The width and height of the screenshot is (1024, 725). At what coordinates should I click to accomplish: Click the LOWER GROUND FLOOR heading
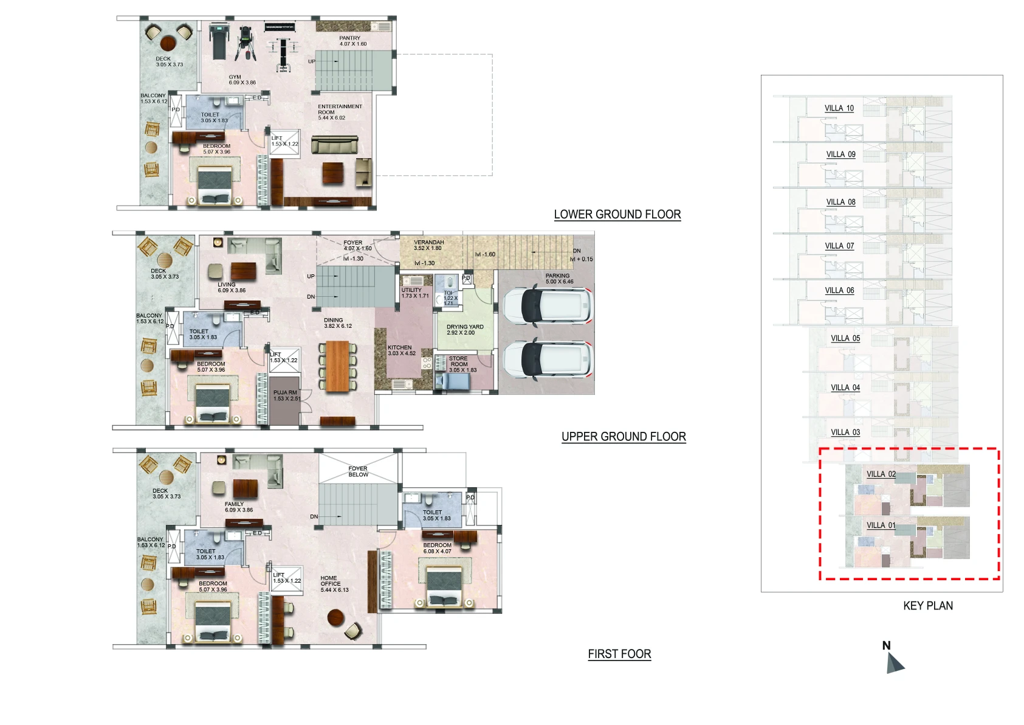[x=617, y=214]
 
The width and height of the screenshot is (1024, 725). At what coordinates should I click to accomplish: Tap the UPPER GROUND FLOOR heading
[x=624, y=437]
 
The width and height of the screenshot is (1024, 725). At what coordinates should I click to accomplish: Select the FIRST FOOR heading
[x=619, y=654]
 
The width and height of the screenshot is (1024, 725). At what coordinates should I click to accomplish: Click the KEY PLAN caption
[x=927, y=606]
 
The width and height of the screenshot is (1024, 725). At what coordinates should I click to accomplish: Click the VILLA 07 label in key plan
[x=839, y=246]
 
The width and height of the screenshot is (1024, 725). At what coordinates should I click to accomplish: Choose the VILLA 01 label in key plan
[x=881, y=525]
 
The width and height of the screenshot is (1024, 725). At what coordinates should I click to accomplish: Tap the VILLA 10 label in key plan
[x=839, y=108]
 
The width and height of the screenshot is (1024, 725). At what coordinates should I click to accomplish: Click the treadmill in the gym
[x=219, y=40]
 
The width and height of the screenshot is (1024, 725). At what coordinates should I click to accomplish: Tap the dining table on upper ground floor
[x=337, y=366]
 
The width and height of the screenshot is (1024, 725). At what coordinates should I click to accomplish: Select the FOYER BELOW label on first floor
[x=358, y=471]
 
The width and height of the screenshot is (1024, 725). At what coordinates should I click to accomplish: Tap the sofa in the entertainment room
[x=334, y=145]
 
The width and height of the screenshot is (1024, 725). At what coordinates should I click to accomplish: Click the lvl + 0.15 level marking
[x=581, y=259]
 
